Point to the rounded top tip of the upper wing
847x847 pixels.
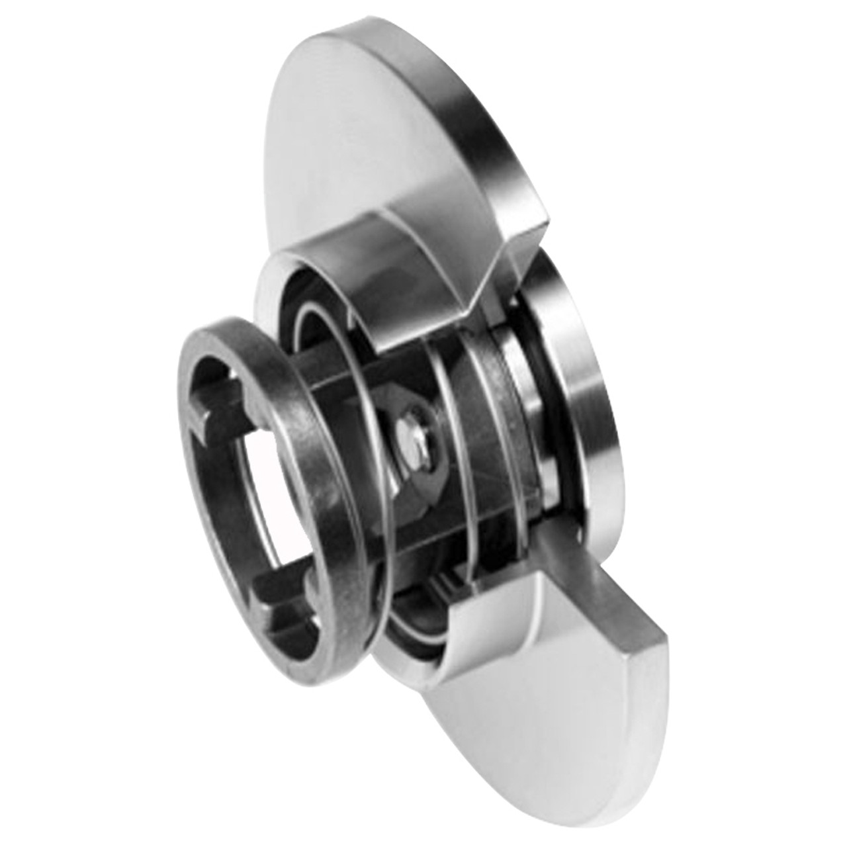click(x=318, y=40)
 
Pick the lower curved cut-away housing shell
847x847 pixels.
click(x=423, y=629)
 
